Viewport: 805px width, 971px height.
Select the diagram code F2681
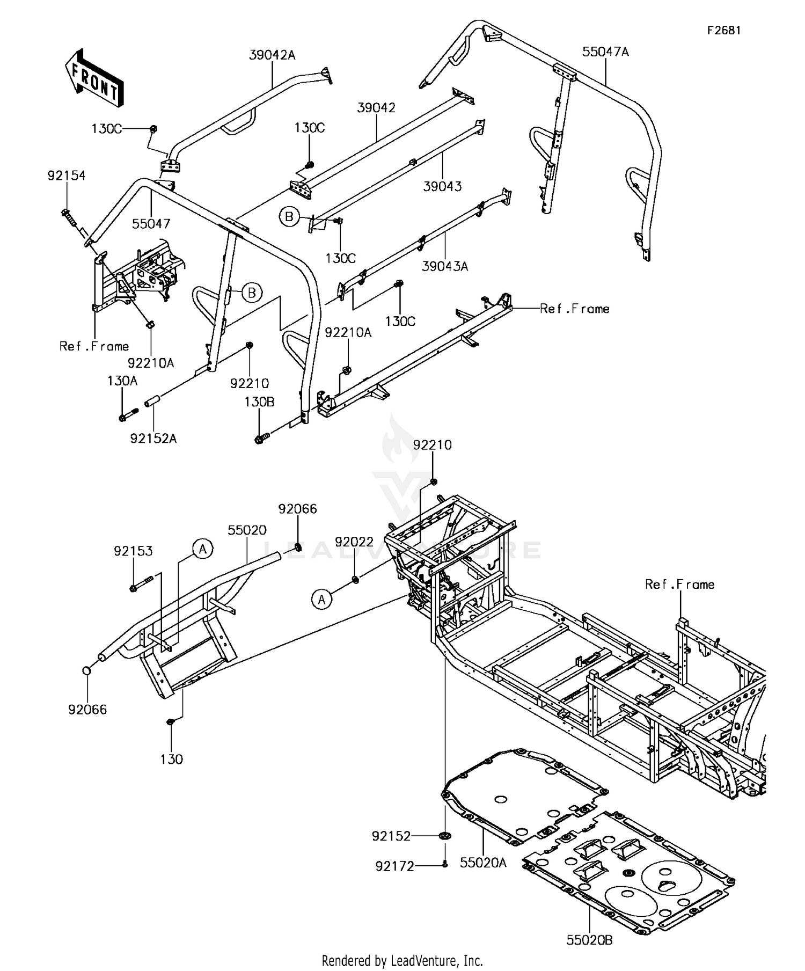(723, 31)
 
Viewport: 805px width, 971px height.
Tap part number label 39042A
(272, 55)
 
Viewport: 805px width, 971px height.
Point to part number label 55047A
(605, 52)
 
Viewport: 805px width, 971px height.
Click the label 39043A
(444, 266)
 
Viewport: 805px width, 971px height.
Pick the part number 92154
(67, 176)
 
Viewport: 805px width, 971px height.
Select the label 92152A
(153, 439)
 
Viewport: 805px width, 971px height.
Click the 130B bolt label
(259, 402)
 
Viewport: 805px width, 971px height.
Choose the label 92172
(395, 866)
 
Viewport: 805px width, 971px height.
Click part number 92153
(133, 551)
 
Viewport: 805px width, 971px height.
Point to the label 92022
(354, 542)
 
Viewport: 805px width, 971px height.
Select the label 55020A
(483, 862)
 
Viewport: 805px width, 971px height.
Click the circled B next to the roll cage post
(251, 293)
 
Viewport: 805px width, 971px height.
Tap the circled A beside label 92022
(321, 599)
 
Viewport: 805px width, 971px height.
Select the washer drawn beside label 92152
(445, 836)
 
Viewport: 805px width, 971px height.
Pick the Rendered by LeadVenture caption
(402, 959)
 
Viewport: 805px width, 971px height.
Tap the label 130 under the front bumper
(171, 759)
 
